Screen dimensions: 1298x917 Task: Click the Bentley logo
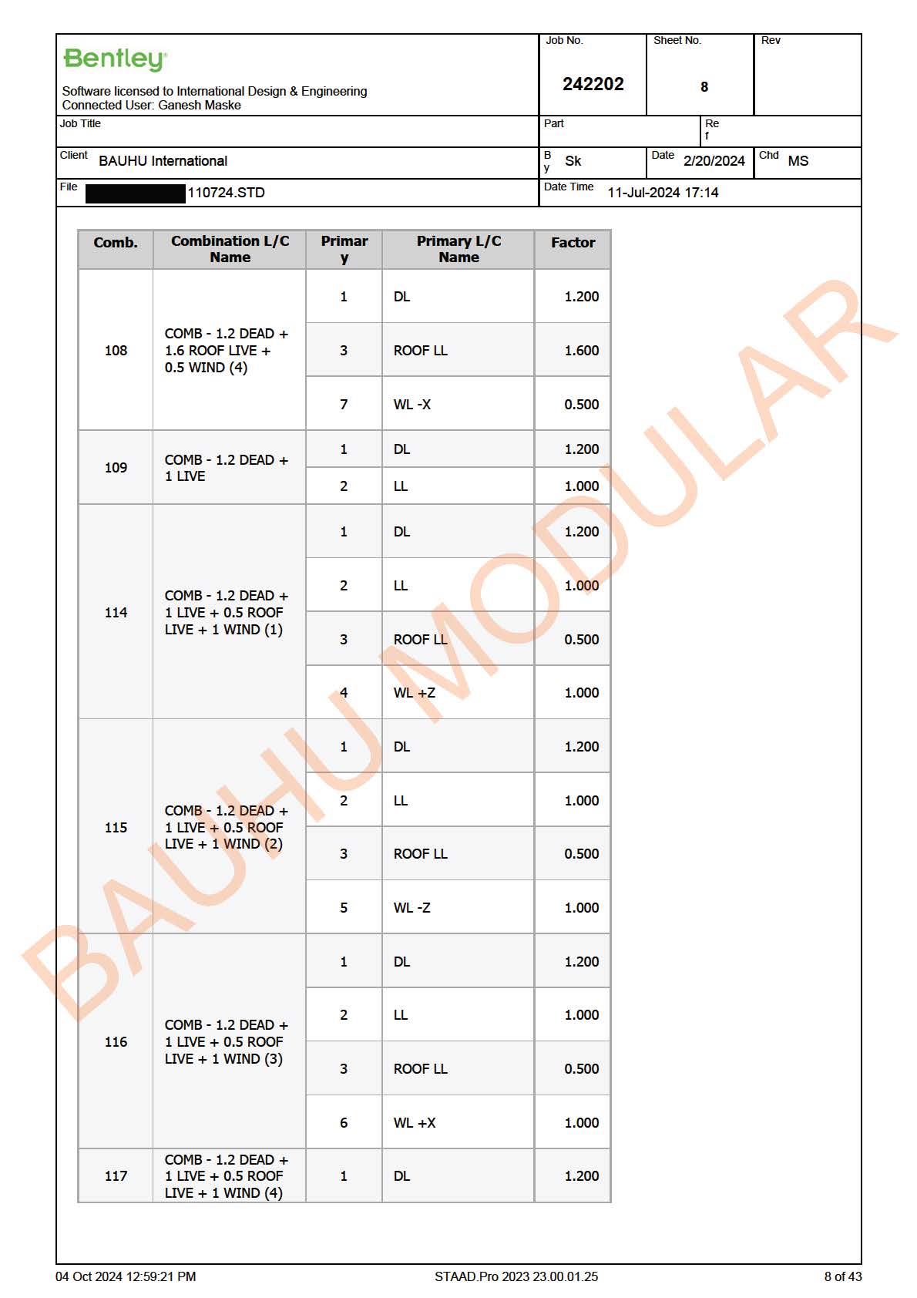click(x=115, y=59)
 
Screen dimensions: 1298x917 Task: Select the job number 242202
click(x=593, y=84)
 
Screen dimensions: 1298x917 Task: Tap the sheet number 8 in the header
click(x=704, y=87)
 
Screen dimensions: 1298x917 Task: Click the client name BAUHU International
click(x=163, y=161)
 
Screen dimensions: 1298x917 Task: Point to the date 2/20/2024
click(x=714, y=161)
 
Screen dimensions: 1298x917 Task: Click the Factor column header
click(x=573, y=243)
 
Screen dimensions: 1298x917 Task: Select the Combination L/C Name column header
click(x=230, y=249)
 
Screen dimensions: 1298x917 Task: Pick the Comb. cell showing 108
click(x=116, y=351)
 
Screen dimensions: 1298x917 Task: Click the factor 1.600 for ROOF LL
click(x=581, y=351)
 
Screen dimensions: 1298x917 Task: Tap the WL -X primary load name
click(x=411, y=405)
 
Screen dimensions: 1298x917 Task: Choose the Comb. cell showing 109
click(x=116, y=468)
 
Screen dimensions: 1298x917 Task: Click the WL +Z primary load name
click(x=414, y=693)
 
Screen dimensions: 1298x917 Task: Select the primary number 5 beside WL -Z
click(x=344, y=908)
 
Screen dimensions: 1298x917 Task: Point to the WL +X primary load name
click(x=414, y=1123)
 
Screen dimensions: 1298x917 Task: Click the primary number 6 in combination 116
click(x=344, y=1123)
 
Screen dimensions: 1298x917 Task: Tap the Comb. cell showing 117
click(x=116, y=1176)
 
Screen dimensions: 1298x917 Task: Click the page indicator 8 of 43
click(x=842, y=1276)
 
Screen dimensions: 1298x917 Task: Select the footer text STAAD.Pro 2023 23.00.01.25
click(x=516, y=1276)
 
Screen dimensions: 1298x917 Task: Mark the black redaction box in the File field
click(x=136, y=193)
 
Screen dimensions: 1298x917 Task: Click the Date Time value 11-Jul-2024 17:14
click(x=663, y=193)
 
